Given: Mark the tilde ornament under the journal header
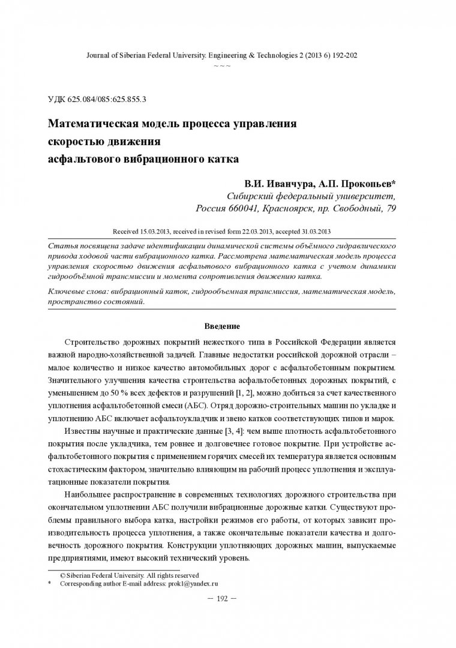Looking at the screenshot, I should pos(222,64).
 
